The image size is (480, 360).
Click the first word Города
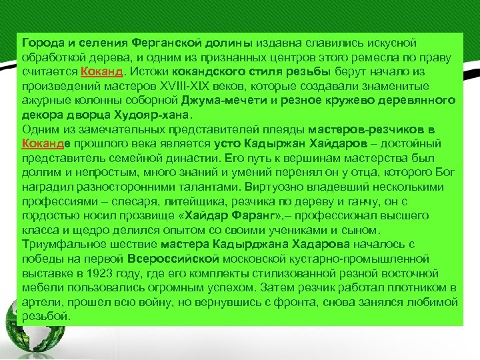click(39, 43)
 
